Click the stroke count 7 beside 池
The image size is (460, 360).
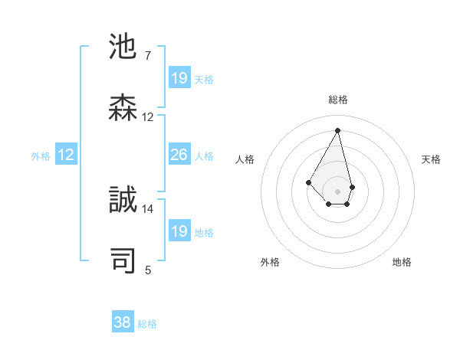click(x=148, y=56)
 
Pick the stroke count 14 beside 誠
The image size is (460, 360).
click(x=148, y=208)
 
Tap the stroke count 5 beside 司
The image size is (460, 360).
click(x=148, y=270)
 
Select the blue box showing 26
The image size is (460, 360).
click(x=179, y=155)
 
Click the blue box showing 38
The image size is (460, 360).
click(x=122, y=322)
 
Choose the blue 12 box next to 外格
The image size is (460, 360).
click(x=66, y=155)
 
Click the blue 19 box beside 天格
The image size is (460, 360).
click(x=179, y=78)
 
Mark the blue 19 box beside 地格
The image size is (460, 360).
click(x=179, y=231)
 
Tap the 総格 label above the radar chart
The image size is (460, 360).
click(x=338, y=100)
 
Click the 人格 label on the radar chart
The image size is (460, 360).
click(x=245, y=159)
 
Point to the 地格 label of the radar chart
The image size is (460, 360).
click(x=402, y=262)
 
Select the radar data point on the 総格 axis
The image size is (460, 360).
click(x=337, y=129)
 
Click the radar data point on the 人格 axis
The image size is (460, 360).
click(x=308, y=182)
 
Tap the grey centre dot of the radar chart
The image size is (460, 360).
click(x=337, y=191)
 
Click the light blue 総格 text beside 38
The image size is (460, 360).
click(x=147, y=324)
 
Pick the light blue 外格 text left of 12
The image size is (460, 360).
click(x=41, y=155)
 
